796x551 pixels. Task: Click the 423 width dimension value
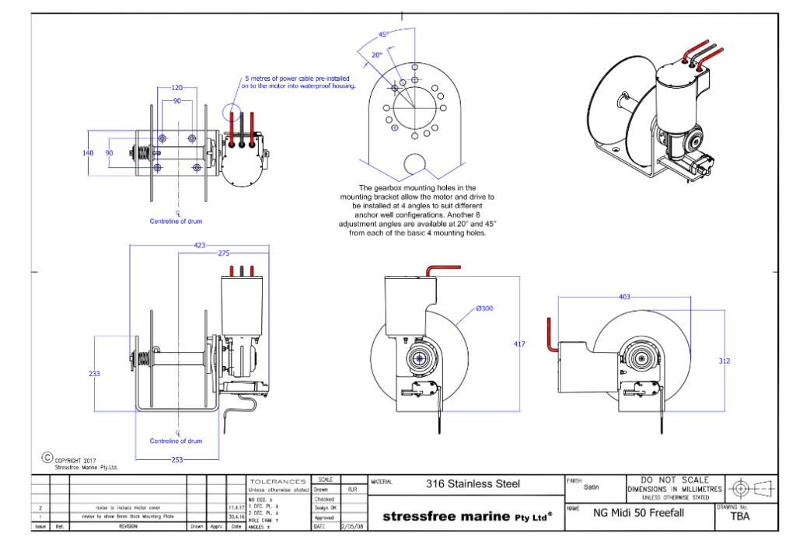tap(200, 245)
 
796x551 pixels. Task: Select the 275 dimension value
tap(224, 253)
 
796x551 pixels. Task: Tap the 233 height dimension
tap(94, 374)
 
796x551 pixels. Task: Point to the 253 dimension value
tap(177, 459)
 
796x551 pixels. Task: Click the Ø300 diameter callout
tap(484, 309)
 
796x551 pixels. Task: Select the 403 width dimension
tap(625, 296)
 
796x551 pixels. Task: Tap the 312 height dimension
tap(724, 361)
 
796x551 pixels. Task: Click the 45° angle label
tap(384, 35)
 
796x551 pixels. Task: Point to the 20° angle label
tap(377, 55)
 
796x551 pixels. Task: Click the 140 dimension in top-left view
tap(89, 153)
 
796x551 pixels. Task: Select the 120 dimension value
tap(177, 88)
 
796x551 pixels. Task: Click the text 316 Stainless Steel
tap(473, 483)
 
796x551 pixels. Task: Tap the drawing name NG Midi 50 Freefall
tap(638, 513)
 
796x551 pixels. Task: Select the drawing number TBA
tap(740, 516)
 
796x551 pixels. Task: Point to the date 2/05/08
tap(352, 526)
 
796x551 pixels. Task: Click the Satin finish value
tap(592, 488)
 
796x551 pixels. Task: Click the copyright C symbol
tap(47, 458)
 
